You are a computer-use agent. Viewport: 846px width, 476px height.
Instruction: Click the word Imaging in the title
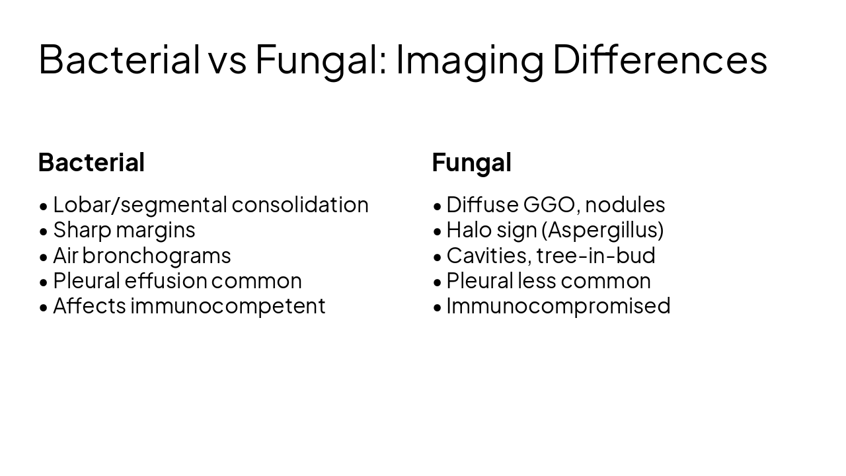(x=469, y=59)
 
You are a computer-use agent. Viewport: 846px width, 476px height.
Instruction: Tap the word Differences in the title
(x=660, y=59)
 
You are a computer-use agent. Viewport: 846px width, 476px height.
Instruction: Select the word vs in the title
(x=227, y=59)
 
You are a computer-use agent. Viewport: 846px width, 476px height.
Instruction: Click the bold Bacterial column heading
(x=91, y=162)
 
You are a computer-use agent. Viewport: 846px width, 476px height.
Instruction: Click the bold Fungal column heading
(x=471, y=162)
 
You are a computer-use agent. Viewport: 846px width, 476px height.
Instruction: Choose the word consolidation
(x=300, y=205)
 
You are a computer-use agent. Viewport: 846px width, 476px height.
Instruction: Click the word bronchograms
(x=157, y=255)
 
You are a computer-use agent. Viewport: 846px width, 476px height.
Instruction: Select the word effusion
(x=166, y=280)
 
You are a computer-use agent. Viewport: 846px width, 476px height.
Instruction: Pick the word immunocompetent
(x=228, y=305)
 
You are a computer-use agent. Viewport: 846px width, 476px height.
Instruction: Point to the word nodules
(x=625, y=205)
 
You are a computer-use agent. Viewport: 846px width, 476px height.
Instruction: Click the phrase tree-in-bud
(x=596, y=255)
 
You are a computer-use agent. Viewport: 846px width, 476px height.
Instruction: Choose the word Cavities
(x=488, y=255)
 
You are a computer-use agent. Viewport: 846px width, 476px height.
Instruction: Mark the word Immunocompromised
(x=558, y=305)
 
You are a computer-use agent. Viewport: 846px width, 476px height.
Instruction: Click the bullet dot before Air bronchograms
(x=44, y=257)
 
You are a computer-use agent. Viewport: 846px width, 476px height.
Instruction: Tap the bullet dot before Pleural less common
(x=438, y=282)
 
